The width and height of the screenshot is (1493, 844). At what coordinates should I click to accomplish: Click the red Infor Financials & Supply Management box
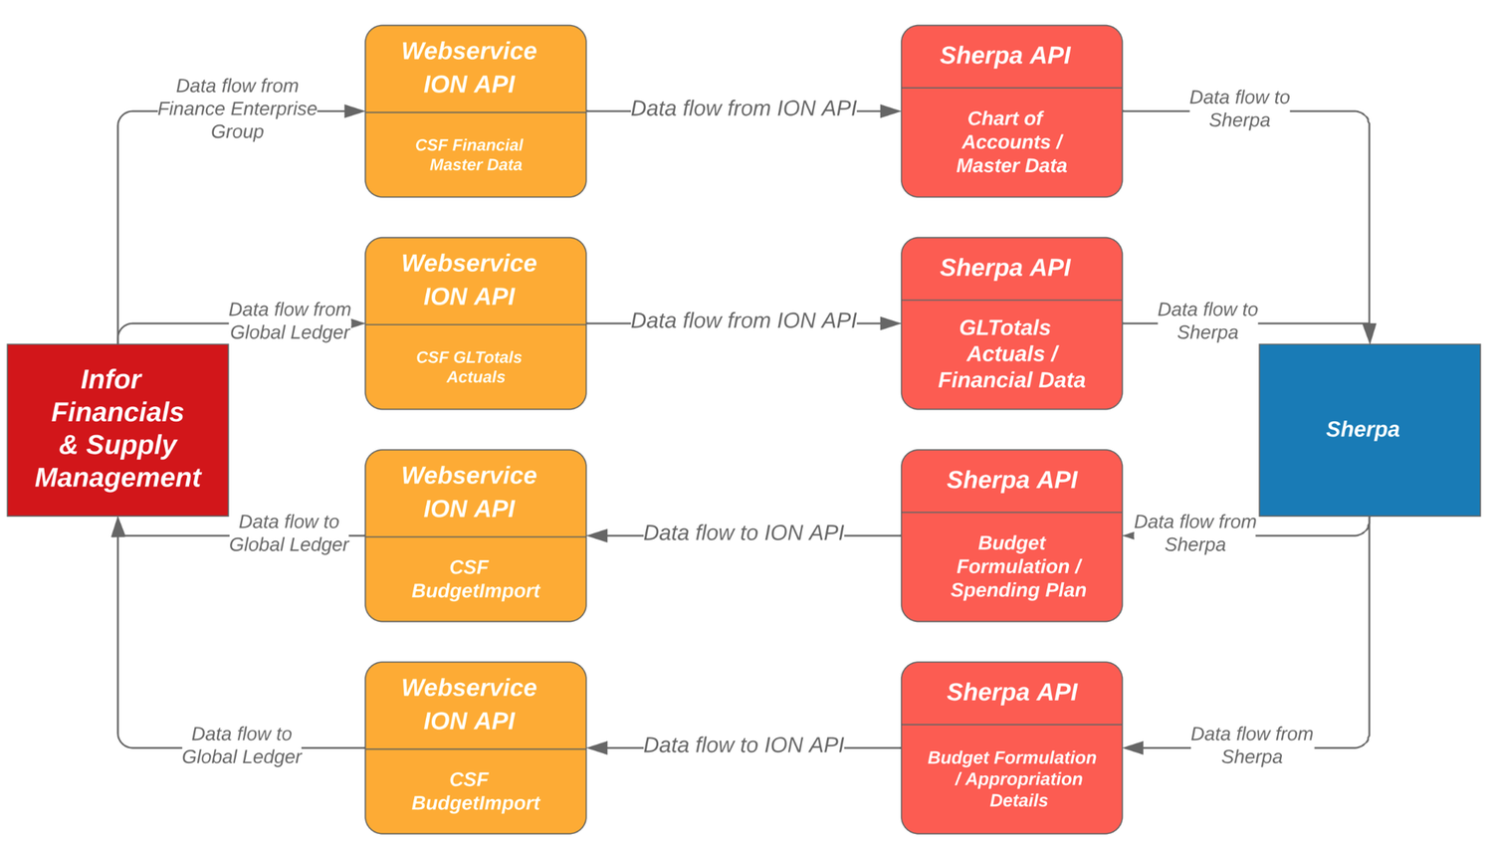[x=117, y=429]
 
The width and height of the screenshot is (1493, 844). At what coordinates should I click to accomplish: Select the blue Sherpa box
[x=1369, y=429]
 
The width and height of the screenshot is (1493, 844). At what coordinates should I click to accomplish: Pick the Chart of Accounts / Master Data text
[x=1010, y=142]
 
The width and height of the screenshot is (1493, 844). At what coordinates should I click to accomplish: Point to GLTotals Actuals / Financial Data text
[x=1010, y=354]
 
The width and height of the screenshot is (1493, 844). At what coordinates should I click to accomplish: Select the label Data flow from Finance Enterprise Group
[x=237, y=108]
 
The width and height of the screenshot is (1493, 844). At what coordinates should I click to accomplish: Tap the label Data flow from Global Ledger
[x=290, y=320]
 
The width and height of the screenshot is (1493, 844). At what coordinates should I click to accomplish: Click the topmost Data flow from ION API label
[x=743, y=108]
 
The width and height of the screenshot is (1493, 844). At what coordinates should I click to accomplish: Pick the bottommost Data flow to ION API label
[x=743, y=745]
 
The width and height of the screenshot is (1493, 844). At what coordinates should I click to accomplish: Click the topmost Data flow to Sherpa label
[x=1239, y=108]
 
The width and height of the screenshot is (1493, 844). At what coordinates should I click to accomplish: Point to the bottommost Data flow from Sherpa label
[x=1251, y=745]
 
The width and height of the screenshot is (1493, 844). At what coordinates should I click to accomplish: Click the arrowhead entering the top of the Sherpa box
[x=1370, y=333]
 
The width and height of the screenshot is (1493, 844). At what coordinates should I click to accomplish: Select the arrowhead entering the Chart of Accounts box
[x=890, y=111]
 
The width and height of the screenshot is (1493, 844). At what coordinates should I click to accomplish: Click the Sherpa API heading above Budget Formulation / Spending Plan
[x=1011, y=481]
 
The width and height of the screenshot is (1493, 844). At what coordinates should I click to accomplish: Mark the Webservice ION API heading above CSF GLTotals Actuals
[x=469, y=280]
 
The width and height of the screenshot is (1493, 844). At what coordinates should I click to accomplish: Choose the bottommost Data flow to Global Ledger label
[x=241, y=745]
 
